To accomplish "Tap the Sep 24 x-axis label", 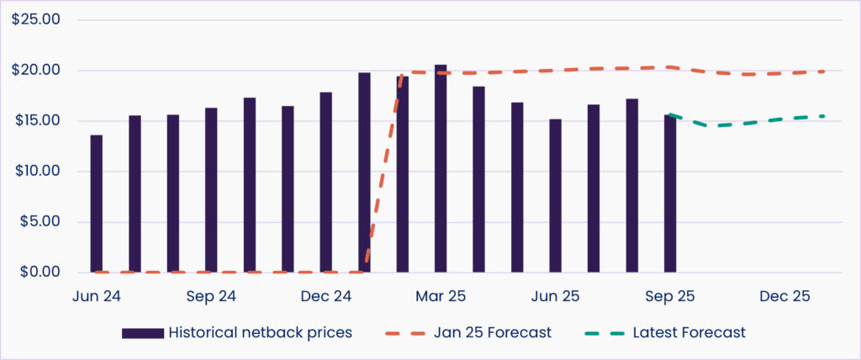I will [210, 296].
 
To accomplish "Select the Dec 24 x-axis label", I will [325, 296].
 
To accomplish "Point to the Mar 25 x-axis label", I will [440, 296].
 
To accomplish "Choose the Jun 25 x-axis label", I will [555, 296].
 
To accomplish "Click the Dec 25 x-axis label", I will [784, 296].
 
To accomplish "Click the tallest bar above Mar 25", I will [440, 168].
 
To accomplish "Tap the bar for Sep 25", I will [669, 193].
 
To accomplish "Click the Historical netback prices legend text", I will [260, 333].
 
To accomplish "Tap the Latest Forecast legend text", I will [690, 333].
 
